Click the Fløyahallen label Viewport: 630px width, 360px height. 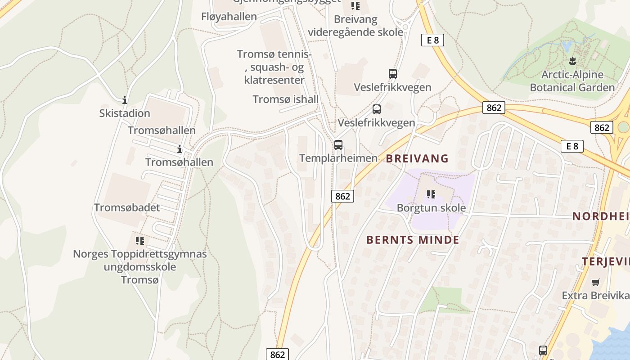[229, 17]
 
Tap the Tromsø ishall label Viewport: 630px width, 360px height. [286, 99]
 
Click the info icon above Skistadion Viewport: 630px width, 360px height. [125, 100]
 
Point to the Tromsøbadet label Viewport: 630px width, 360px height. [127, 207]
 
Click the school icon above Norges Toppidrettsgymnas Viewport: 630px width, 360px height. [140, 241]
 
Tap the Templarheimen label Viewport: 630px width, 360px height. [338, 158]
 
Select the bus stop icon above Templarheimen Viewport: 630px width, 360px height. [338, 145]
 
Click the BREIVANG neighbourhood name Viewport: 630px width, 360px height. [418, 158]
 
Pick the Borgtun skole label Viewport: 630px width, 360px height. [431, 208]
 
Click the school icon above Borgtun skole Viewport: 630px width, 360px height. [431, 194]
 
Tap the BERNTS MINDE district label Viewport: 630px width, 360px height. [413, 240]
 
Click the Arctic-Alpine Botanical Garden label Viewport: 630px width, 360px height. [572, 81]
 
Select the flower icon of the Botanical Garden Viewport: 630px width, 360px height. [572, 61]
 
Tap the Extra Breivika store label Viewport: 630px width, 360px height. [595, 296]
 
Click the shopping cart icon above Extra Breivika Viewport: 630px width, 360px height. [596, 283]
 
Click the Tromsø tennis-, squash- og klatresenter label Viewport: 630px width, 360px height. [274, 67]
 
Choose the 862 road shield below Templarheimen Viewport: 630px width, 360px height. [342, 196]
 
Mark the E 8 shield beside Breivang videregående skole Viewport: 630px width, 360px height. [432, 40]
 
